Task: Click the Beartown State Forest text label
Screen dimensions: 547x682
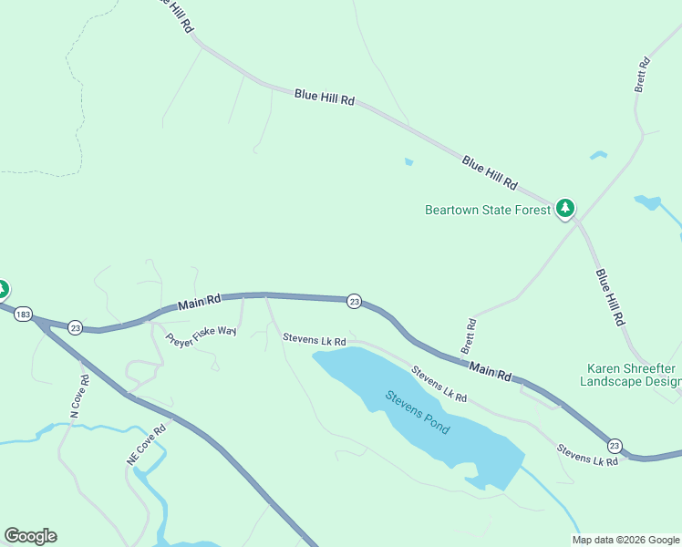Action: [488, 210]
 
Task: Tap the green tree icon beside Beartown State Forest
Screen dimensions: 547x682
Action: [566, 209]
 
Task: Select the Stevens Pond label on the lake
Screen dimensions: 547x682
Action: [417, 412]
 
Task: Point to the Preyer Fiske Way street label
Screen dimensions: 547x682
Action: [201, 335]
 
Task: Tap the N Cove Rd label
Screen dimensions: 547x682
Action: [79, 397]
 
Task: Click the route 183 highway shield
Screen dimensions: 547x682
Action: [24, 313]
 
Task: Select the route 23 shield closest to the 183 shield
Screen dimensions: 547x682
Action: [76, 327]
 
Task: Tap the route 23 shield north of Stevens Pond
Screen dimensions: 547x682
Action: [354, 301]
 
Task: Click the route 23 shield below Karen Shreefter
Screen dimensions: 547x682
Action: [615, 445]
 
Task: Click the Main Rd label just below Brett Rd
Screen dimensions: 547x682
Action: [491, 370]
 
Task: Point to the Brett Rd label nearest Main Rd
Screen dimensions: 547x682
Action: [470, 336]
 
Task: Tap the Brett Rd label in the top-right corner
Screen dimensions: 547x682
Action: [642, 75]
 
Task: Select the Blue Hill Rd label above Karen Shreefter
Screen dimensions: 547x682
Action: [610, 297]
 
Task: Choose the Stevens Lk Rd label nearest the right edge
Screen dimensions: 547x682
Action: [587, 455]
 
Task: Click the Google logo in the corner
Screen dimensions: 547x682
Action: [30, 536]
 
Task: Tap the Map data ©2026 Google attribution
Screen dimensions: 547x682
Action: [625, 540]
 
